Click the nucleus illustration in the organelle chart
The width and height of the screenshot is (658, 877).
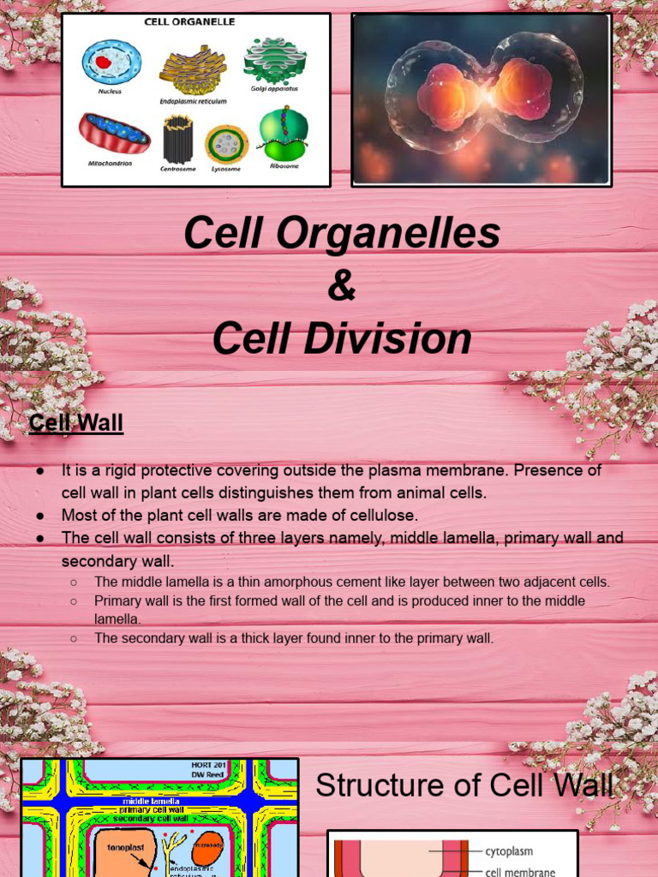111,61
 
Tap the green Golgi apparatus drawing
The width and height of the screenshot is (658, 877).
275,59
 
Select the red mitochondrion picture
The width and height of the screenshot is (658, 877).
114,133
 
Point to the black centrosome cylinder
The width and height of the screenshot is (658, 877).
178,140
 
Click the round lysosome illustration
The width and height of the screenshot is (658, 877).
227,143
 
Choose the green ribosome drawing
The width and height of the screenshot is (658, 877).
284,133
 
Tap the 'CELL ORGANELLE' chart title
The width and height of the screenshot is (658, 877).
196,22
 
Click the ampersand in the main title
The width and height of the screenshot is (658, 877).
341,286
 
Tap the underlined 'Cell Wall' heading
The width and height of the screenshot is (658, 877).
75,423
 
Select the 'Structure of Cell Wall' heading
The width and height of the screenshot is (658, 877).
464,785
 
